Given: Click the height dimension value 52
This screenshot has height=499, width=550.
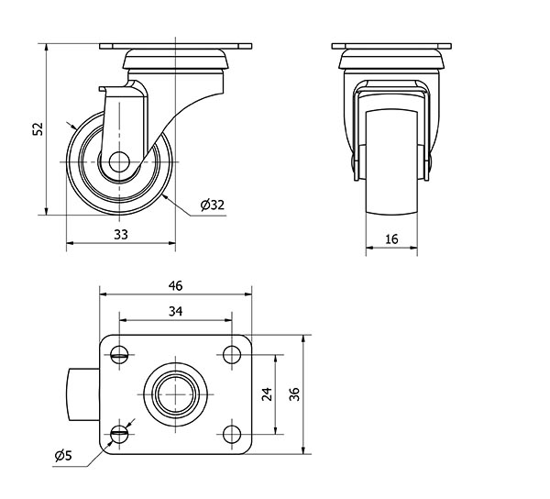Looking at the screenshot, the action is tap(38, 128).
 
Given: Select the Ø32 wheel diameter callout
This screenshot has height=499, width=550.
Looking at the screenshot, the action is tap(213, 205).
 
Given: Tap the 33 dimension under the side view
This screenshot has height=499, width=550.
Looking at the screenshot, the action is tap(121, 235).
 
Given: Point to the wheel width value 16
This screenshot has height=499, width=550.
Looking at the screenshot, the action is tap(391, 239).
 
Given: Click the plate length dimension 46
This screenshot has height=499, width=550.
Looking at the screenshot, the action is tap(175, 286).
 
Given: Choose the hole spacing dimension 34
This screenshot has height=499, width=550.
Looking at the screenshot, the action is tap(175, 311).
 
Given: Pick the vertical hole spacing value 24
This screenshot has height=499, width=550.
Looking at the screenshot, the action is tap(267, 394).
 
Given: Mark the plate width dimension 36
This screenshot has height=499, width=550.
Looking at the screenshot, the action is tap(294, 394).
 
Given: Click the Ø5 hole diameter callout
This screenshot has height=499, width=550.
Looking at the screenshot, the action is tap(63, 456).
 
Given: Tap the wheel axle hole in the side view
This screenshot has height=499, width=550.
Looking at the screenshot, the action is tap(119, 161).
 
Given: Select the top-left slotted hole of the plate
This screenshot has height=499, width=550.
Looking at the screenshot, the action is tap(119, 355).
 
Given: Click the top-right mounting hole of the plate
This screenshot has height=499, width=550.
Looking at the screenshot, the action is tap(232, 355).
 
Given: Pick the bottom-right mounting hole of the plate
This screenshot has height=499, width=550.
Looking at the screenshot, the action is tap(232, 434).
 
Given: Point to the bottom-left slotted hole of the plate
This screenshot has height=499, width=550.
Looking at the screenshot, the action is tap(119, 434).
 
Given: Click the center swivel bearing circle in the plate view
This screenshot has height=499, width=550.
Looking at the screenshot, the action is tap(175, 394).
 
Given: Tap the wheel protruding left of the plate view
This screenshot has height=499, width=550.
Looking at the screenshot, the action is tap(82, 394).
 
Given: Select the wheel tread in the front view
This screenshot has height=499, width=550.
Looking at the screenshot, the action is tap(391, 162).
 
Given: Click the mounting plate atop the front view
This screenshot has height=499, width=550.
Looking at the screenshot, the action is tap(391, 46).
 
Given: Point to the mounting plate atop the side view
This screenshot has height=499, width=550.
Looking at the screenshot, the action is tap(175, 46).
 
